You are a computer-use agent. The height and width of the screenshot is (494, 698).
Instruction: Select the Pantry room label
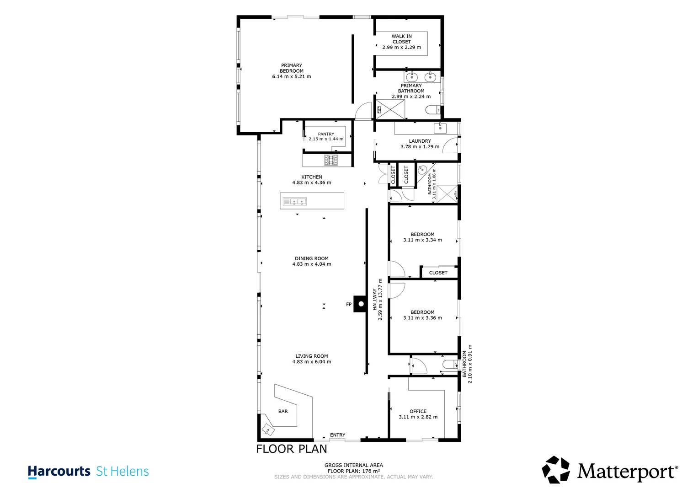tap(326, 134)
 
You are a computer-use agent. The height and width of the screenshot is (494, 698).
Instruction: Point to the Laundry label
tap(420, 141)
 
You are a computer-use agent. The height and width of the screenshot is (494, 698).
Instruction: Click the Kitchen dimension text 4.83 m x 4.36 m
tap(312, 183)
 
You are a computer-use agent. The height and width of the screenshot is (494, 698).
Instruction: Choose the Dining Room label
tap(312, 258)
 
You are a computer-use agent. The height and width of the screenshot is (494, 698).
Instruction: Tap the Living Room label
tap(312, 356)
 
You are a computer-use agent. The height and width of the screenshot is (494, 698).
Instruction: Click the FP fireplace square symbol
tap(361, 304)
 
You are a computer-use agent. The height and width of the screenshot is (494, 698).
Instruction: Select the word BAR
tap(283, 411)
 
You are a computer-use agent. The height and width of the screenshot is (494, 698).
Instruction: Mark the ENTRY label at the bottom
tap(337, 435)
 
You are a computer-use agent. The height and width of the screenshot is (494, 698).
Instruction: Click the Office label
tap(418, 411)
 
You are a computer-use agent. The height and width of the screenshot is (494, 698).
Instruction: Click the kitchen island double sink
tap(298, 201)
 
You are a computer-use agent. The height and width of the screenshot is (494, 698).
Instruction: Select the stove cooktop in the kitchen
tap(331, 160)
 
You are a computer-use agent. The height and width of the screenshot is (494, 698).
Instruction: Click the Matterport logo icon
tap(556, 469)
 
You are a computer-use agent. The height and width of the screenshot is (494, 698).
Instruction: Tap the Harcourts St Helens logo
tap(88, 472)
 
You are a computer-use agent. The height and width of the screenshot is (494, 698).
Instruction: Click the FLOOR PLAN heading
tap(291, 449)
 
